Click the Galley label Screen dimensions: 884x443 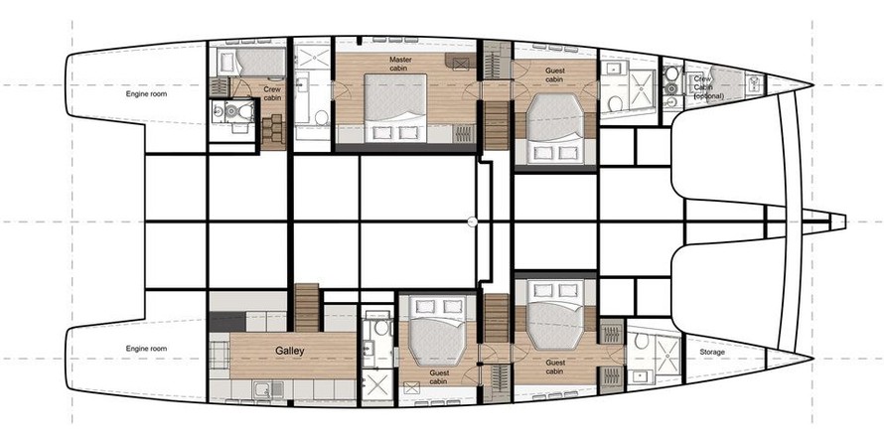coord(290,352)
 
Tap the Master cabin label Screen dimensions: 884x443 coord(400,64)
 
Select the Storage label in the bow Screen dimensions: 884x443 coord(712,353)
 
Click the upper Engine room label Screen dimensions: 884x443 coord(146,94)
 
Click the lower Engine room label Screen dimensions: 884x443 coord(146,349)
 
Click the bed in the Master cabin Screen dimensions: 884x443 coord(395,108)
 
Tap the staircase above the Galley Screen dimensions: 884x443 coord(307,308)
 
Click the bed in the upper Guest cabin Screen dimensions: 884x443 coord(555,129)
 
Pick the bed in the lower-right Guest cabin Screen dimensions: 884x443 coord(555,315)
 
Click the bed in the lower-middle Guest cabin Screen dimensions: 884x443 coord(437,331)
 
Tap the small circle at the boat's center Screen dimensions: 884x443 coord(473,221)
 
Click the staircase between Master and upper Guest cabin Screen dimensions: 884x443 coord(496,125)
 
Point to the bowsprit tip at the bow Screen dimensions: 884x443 coord(844,221)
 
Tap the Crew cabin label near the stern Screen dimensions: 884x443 coord(272,93)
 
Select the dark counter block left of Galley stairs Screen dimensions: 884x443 coord(227,321)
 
